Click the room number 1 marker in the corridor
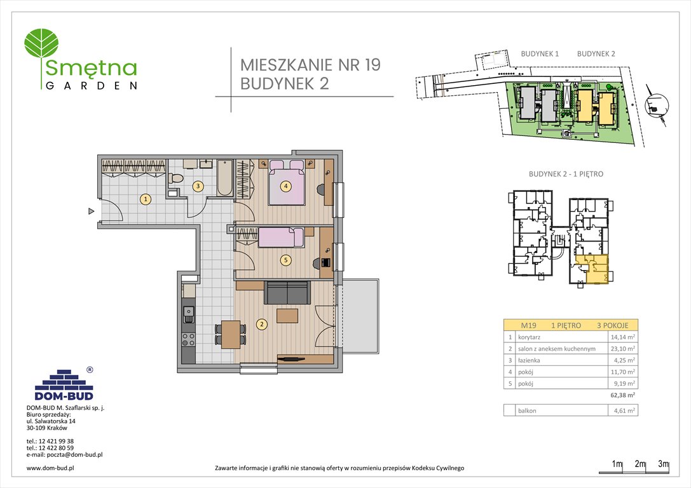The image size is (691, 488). pyautogui.click(x=146, y=200)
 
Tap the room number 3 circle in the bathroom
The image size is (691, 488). pyautogui.click(x=198, y=186)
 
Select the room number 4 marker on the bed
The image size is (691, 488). pyautogui.click(x=287, y=186)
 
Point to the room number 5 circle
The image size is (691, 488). pyautogui.click(x=286, y=259)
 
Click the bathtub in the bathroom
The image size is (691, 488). pyautogui.click(x=225, y=179)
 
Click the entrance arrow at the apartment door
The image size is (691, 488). pyautogui.click(x=92, y=211)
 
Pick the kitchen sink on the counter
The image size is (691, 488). pyautogui.click(x=188, y=312)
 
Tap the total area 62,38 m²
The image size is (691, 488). pyautogui.click(x=623, y=395)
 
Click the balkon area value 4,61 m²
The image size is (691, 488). pyautogui.click(x=623, y=411)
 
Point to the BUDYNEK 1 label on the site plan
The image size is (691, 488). pyautogui.click(x=539, y=54)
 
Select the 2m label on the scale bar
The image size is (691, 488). pyautogui.click(x=640, y=464)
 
